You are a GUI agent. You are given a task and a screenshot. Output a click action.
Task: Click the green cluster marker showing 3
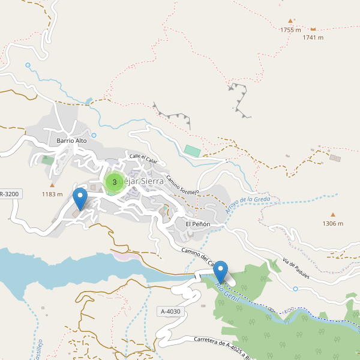(114, 182)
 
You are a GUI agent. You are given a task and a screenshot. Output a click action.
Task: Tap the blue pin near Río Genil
(221, 272)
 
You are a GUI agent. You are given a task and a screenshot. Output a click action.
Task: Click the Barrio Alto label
(71, 140)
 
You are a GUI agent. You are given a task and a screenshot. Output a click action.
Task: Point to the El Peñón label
(197, 224)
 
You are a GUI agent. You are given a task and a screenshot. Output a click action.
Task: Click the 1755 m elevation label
(290, 29)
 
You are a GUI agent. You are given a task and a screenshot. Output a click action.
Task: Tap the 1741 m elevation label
(313, 37)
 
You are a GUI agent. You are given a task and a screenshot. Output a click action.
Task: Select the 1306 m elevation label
(332, 224)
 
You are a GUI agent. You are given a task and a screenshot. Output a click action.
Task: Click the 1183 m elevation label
(52, 194)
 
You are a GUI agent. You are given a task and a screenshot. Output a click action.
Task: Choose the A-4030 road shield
(170, 311)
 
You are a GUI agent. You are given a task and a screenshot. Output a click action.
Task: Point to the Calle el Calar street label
(143, 160)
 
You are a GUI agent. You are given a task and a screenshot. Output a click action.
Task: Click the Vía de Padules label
(295, 268)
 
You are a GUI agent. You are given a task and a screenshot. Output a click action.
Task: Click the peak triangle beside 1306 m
(332, 214)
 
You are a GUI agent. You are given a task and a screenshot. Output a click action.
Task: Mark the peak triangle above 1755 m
(290, 20)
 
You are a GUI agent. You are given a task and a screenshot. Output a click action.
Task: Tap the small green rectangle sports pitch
(192, 151)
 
